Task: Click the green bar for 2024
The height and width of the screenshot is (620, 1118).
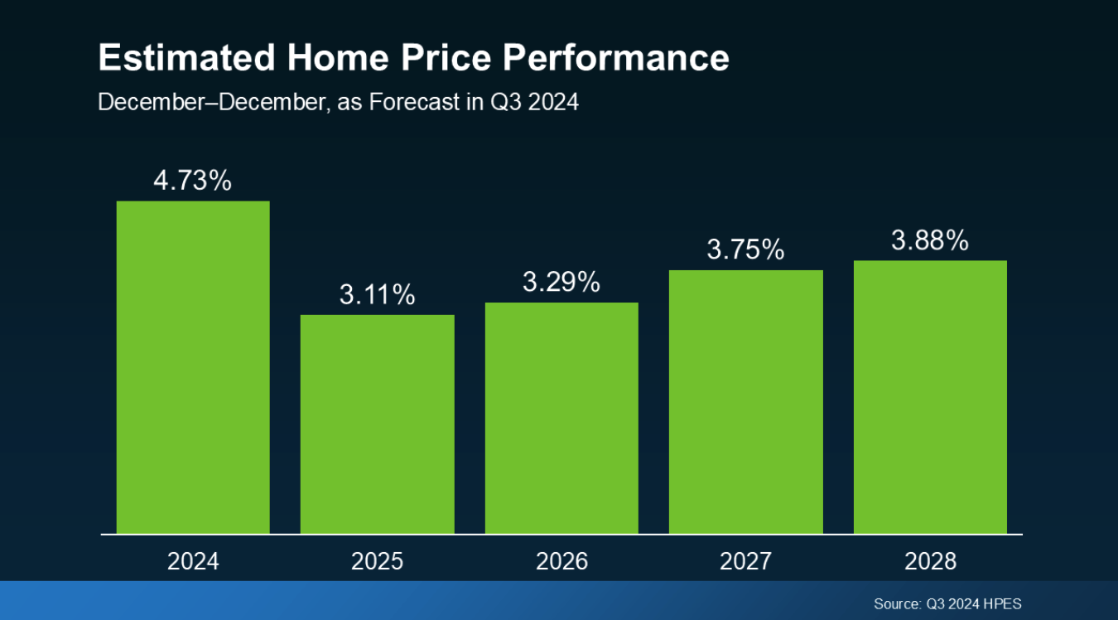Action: click(193, 367)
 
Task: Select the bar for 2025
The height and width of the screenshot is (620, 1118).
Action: click(377, 424)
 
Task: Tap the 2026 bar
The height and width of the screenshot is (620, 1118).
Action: click(561, 418)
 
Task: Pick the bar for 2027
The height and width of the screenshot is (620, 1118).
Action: click(745, 402)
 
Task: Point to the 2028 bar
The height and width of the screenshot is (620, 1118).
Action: click(930, 397)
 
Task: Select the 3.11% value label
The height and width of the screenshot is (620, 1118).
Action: click(377, 294)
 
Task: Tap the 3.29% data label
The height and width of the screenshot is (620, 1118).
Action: click(561, 283)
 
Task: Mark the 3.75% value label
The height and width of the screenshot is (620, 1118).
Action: click(745, 249)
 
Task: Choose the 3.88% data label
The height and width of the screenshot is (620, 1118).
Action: click(930, 240)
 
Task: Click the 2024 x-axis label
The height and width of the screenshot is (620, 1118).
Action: click(193, 561)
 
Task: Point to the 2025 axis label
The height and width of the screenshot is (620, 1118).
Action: click(377, 561)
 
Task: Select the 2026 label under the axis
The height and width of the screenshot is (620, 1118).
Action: click(561, 561)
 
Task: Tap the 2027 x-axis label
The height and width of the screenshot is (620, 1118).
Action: click(745, 561)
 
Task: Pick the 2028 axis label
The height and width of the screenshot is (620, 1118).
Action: click(930, 561)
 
